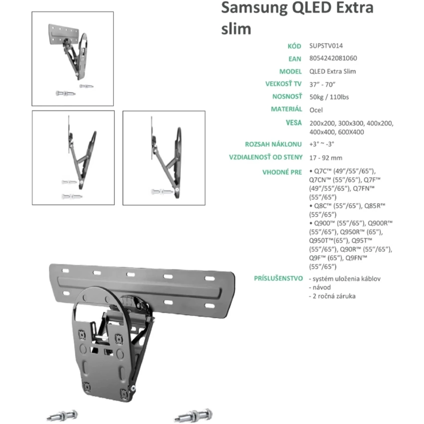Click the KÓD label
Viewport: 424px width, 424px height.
click(295, 45)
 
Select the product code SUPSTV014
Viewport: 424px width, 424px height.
click(326, 45)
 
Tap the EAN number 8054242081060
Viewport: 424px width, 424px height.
click(333, 58)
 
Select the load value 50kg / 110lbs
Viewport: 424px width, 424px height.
click(329, 97)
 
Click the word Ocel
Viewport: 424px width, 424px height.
click(316, 109)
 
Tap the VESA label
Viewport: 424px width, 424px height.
click(293, 123)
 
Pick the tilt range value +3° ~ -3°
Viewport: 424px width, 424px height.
click(322, 144)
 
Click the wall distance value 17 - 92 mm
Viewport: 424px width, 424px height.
click(326, 158)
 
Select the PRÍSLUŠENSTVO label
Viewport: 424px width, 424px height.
click(278, 278)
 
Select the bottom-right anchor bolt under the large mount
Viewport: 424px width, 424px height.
click(193, 415)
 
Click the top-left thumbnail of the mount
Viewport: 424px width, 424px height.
click(73, 55)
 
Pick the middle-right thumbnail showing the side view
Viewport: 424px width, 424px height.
click(164, 158)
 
